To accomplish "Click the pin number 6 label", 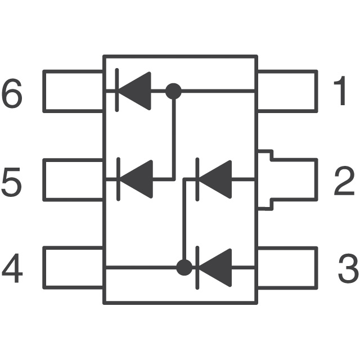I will [x=12, y=93].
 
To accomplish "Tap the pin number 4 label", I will [x=12, y=269].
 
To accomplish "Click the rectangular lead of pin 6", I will [x=73, y=91].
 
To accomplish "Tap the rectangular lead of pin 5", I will [x=73, y=180].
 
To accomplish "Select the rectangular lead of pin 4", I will [x=73, y=268].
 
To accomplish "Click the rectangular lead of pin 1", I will [x=287, y=91].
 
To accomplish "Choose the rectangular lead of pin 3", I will [x=287, y=268].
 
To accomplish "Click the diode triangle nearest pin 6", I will [x=137, y=91].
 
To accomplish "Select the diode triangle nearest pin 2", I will [x=217, y=179].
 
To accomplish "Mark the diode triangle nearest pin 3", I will [x=217, y=267].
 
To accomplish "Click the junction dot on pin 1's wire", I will [x=173, y=91].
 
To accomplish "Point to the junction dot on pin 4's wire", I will [x=183, y=267].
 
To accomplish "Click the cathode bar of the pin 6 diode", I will [x=116, y=91].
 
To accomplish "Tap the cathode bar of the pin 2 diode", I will [x=196, y=179].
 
